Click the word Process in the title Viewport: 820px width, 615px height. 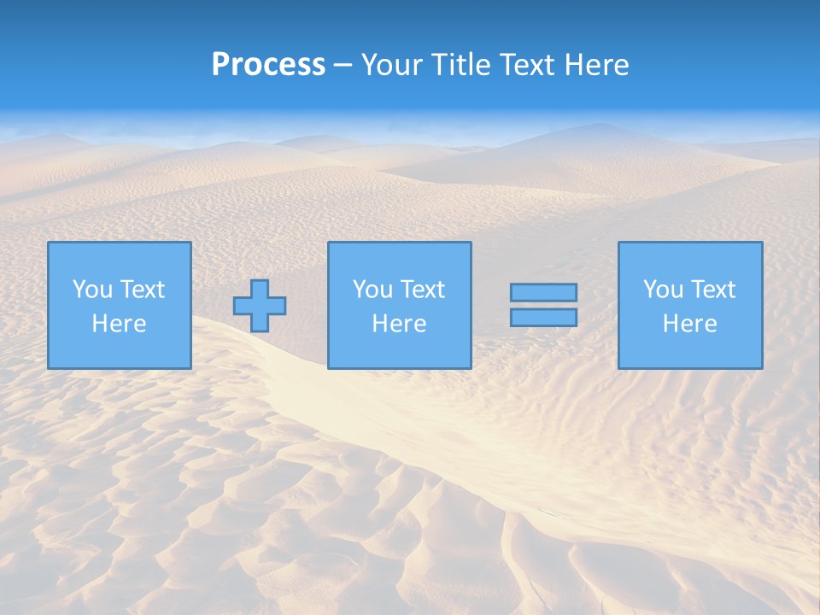268,65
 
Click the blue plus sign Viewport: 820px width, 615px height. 260,306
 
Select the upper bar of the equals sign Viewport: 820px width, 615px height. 543,292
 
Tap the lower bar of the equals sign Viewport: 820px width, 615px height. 543,318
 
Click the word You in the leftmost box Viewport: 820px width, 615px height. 92,290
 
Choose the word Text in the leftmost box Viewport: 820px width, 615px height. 142,290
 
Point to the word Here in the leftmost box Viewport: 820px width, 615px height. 119,324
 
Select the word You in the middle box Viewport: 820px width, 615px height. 372,290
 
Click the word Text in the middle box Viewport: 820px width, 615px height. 422,290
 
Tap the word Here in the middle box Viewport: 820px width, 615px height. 399,324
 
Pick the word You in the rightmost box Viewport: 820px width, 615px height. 663,290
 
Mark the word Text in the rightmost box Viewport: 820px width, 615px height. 712,290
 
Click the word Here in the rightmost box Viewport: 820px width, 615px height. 689,324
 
